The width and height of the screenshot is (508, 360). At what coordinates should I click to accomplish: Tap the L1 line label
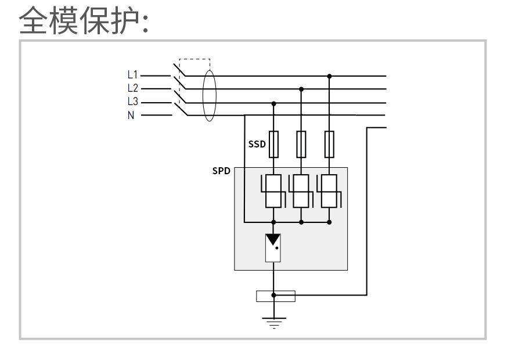[x=133, y=75]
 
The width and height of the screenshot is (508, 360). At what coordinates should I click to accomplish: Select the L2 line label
[x=133, y=89]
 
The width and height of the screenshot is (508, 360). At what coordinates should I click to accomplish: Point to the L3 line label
[x=133, y=102]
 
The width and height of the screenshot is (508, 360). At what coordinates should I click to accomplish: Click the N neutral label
[x=131, y=116]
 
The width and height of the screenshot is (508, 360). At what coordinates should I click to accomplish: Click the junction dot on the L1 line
[x=330, y=75]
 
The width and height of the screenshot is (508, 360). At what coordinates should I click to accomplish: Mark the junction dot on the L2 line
[x=301, y=89]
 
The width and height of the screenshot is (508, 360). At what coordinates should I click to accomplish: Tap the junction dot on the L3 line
[x=273, y=103]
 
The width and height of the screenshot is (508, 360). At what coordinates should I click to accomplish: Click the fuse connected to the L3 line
[x=273, y=145]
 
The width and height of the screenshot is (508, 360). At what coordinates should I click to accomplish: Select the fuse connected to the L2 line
[x=301, y=145]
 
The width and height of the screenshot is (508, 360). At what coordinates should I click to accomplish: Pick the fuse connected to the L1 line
[x=330, y=145]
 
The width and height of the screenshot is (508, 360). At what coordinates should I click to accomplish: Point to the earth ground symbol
[x=273, y=322]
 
